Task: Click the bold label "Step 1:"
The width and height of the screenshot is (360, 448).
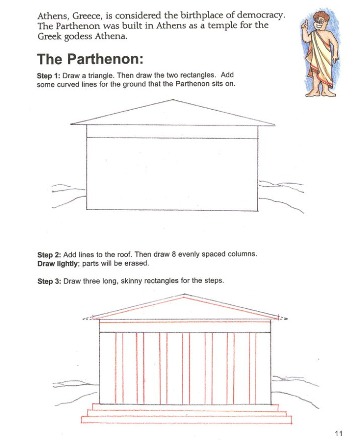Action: point(49,76)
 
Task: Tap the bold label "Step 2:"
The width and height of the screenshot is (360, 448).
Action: point(49,255)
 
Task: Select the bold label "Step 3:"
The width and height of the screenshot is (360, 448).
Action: point(49,281)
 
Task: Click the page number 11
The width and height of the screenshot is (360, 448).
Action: point(339,433)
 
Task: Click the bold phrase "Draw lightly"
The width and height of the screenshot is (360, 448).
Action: point(57,263)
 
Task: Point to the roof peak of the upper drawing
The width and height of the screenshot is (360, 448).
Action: point(173,100)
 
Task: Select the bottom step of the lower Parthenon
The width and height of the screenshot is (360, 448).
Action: point(186,420)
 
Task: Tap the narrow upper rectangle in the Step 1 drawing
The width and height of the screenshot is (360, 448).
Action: point(172,131)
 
